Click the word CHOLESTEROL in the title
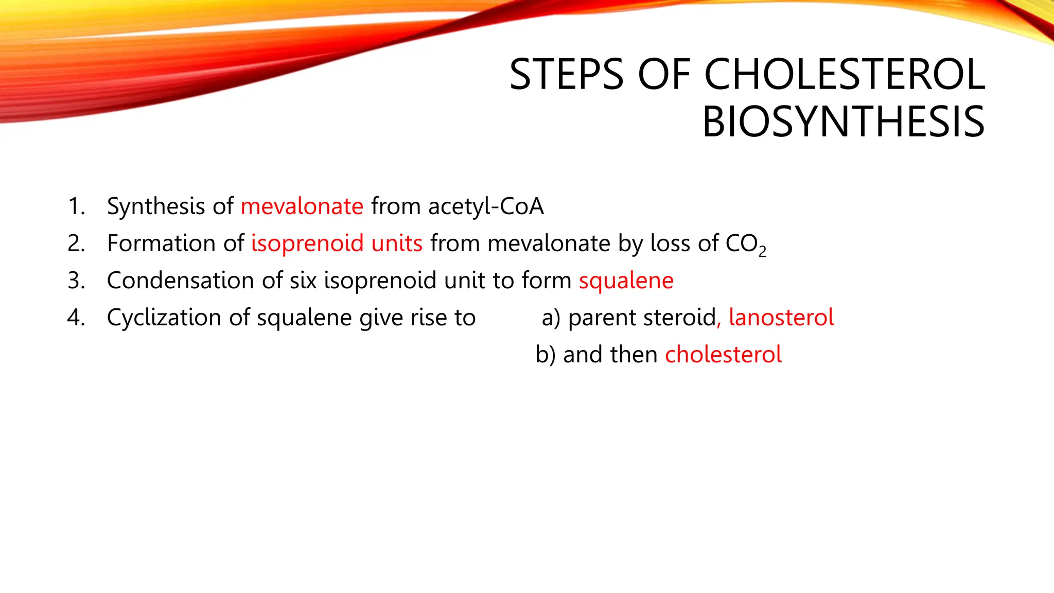[844, 75]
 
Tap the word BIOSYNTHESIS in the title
[843, 122]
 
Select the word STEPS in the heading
[566, 75]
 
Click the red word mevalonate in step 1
[302, 206]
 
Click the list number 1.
[76, 206]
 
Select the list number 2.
[76, 243]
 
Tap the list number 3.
[76, 281]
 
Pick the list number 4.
[76, 318]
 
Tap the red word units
[397, 243]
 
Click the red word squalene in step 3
[626, 281]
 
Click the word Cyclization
[164, 318]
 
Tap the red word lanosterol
[781, 318]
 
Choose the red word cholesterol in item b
[723, 355]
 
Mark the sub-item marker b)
[546, 355]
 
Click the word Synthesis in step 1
[156, 206]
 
